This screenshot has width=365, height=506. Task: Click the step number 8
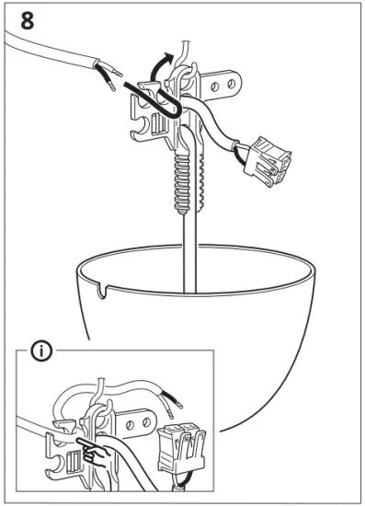pyautogui.click(x=29, y=20)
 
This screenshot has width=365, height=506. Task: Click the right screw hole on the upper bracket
pyautogui.click(x=231, y=86)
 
